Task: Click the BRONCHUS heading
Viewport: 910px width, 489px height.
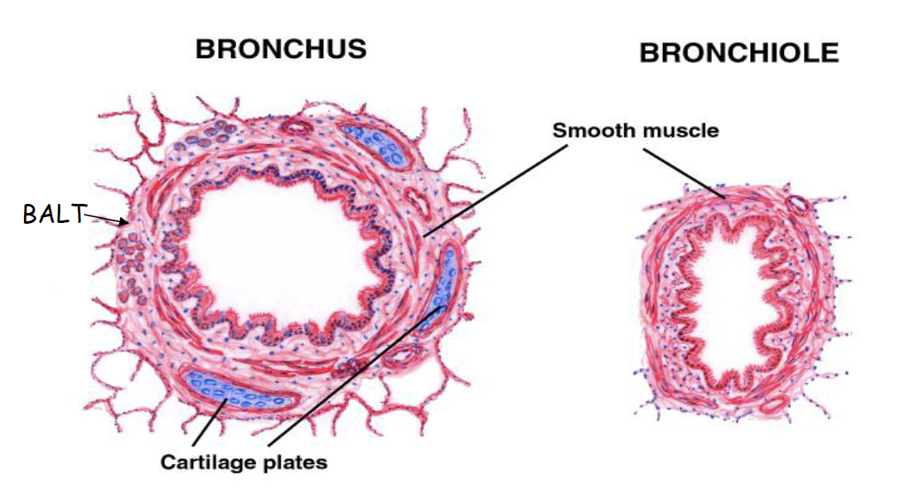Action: pos(280,48)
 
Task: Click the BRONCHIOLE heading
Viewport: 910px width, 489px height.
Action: pos(738,53)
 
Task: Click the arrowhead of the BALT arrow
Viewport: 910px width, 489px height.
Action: pos(126,222)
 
